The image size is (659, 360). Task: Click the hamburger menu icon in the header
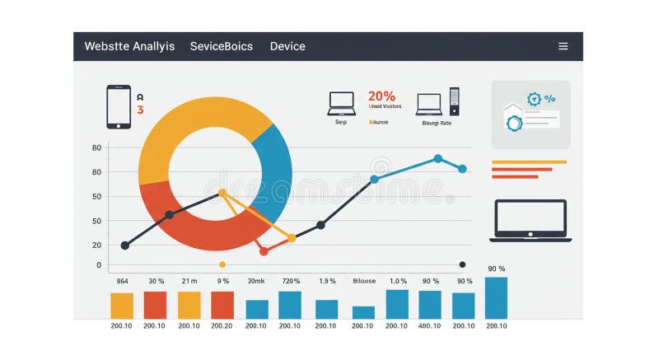563,46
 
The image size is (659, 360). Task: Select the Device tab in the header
287,46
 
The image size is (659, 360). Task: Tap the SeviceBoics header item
222,46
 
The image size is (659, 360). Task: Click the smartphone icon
119,107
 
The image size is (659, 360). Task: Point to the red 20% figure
381,96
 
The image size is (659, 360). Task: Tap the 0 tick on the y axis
99,265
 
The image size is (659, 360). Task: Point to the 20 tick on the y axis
97,245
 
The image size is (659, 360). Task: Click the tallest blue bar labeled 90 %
496,297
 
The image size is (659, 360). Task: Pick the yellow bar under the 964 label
122,306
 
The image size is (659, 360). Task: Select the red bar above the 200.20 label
222,305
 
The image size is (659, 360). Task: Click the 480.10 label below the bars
429,326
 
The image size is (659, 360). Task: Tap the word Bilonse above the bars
364,281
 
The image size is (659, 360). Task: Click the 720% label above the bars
291,281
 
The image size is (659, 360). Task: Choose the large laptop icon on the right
530,220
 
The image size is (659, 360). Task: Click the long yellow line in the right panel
529,162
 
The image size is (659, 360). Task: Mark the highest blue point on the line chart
437,158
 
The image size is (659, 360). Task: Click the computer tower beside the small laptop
454,101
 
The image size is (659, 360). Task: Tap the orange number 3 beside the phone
140,110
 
